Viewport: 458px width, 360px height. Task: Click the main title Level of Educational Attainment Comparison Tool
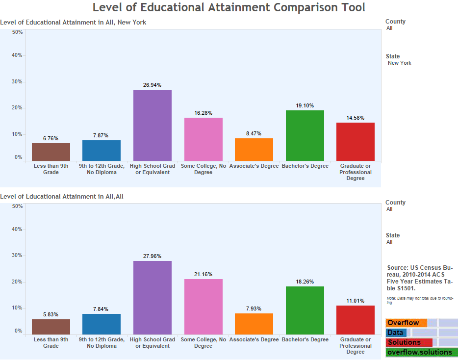(229, 7)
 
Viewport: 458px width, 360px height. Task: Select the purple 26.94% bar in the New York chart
(153, 125)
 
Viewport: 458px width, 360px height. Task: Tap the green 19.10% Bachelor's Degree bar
(305, 135)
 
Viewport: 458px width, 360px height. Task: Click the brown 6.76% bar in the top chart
(51, 152)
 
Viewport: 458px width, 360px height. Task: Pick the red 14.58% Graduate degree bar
(355, 142)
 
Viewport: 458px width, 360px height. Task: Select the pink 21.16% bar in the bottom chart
(203, 307)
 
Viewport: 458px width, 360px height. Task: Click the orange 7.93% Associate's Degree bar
(254, 324)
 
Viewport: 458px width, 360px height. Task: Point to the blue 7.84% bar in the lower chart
(102, 324)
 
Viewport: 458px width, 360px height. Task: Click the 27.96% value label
(152, 256)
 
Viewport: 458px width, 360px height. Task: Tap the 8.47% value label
(254, 133)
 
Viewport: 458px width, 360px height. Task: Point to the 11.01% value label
(355, 301)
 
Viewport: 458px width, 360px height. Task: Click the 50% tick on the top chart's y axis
(17, 32)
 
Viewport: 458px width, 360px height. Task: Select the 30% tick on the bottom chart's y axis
(17, 256)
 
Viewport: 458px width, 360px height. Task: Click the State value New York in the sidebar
(399, 63)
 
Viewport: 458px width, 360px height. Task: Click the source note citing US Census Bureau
(420, 278)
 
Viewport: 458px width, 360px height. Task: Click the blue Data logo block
(396, 333)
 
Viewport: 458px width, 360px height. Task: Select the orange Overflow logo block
(406, 323)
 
